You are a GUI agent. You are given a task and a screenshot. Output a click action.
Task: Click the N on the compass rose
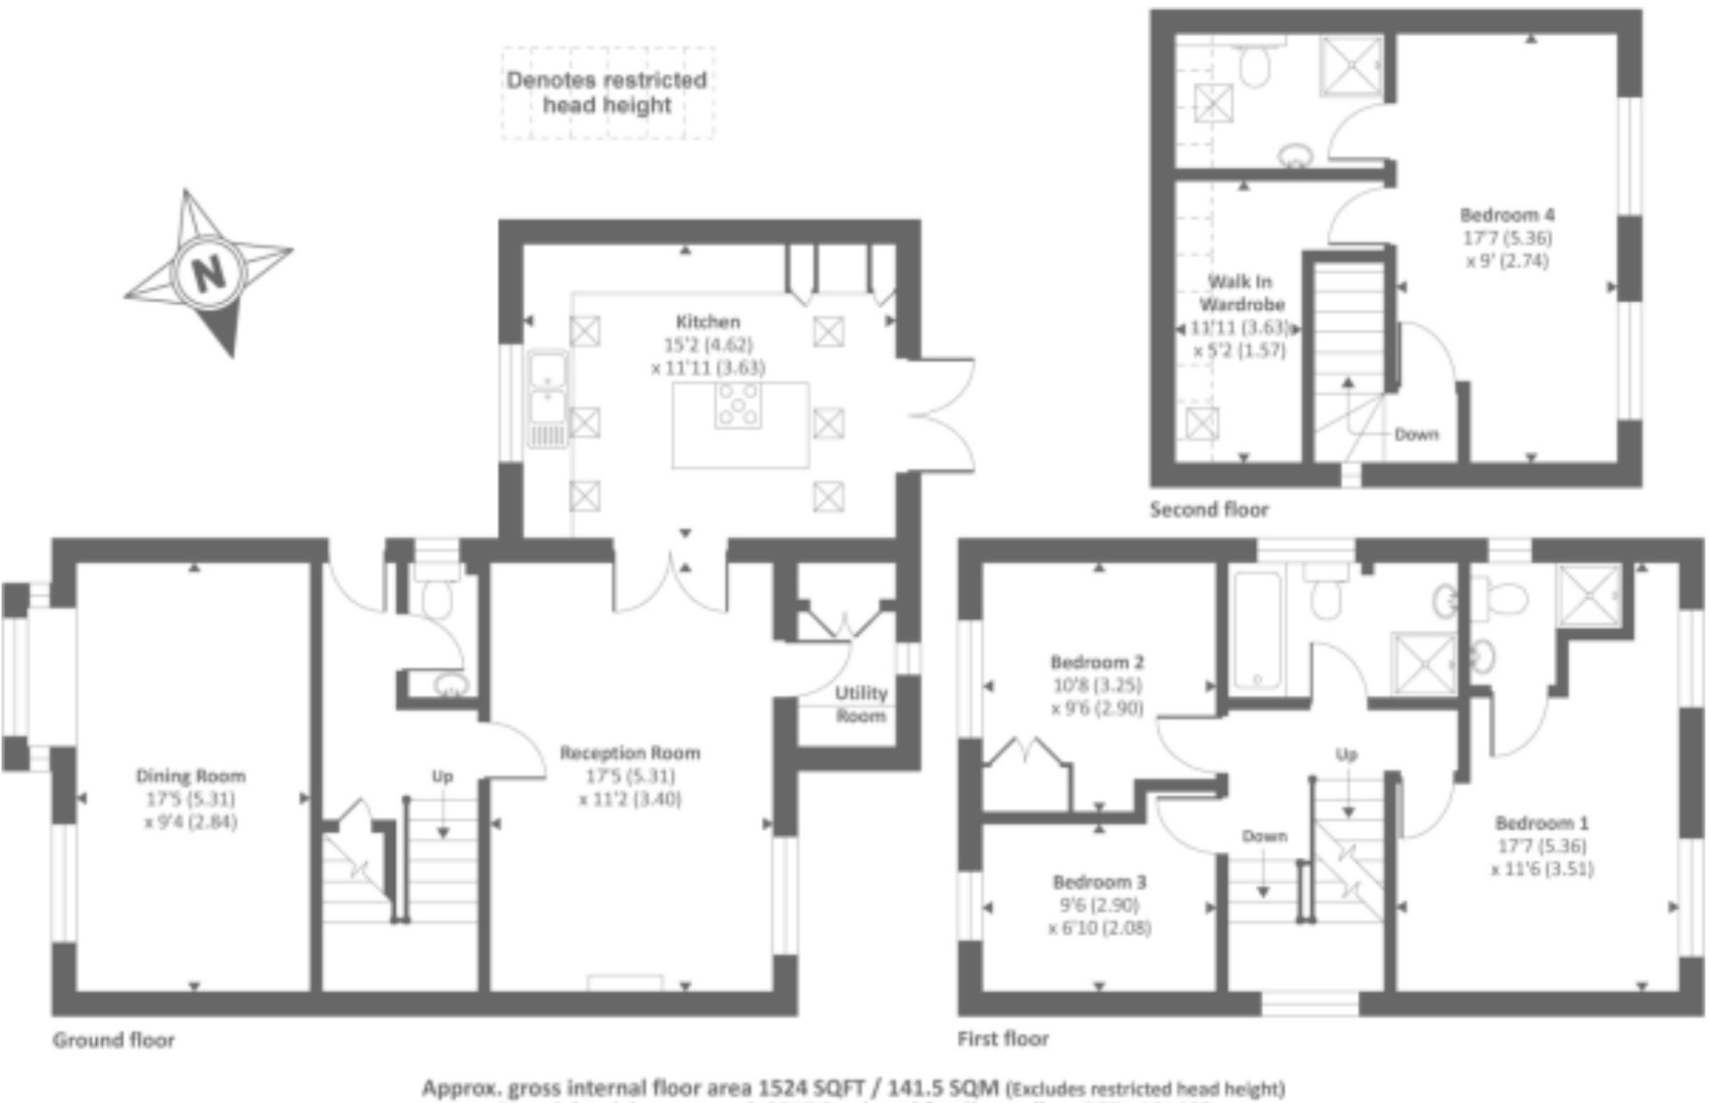[x=209, y=273]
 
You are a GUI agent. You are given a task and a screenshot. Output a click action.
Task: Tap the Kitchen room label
[x=708, y=321]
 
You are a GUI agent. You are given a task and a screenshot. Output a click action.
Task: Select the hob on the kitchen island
[x=738, y=405]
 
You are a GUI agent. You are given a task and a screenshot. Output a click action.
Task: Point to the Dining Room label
[x=190, y=776]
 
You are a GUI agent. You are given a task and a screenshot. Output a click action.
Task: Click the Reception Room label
[x=630, y=752]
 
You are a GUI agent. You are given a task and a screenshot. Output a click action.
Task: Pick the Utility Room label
[x=861, y=704]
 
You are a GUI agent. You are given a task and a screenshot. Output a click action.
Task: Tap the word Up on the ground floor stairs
[x=442, y=776]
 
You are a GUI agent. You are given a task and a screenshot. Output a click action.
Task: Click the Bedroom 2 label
[x=1097, y=662]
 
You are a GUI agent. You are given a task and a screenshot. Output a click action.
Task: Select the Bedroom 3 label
[x=1099, y=882]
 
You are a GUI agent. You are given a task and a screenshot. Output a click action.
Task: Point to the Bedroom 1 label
[x=1542, y=822]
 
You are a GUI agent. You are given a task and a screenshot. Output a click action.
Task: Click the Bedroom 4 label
[x=1507, y=215]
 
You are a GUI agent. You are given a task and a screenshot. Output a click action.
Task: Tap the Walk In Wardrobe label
[x=1240, y=292]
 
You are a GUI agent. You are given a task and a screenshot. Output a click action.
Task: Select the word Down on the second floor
[x=1416, y=434]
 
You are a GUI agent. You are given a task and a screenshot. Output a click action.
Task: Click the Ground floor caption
[x=114, y=1040]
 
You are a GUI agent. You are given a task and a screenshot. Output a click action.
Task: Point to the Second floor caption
[x=1209, y=509]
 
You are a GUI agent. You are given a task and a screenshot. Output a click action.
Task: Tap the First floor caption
[x=1003, y=1039]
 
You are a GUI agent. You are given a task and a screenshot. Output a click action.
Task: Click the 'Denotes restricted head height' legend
[x=607, y=92]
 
